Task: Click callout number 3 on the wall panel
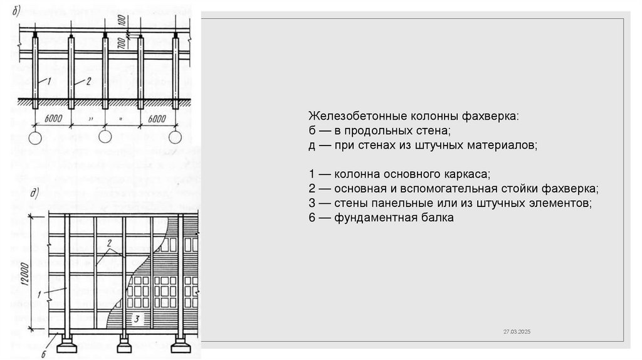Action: click(x=137, y=319)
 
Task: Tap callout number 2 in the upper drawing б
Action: click(x=88, y=80)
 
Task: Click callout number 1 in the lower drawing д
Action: click(x=39, y=293)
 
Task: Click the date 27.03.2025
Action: click(x=516, y=331)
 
